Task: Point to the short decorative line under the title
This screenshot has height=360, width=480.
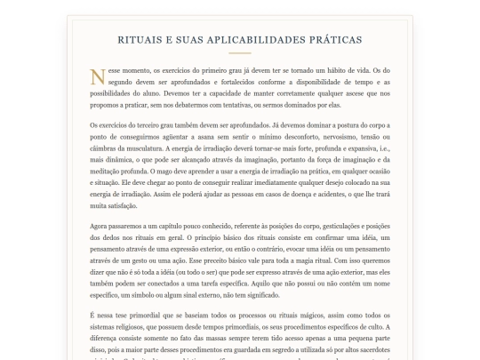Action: coord(239,53)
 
